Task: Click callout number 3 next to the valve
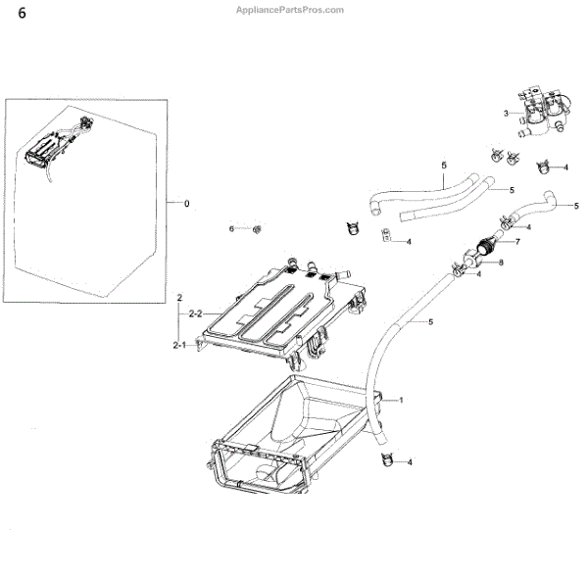click(507, 114)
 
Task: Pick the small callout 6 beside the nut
click(232, 228)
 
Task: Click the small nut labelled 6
click(256, 229)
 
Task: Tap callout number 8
click(500, 263)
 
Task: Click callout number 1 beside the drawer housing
click(400, 400)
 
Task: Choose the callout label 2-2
click(194, 313)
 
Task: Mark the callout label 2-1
click(179, 345)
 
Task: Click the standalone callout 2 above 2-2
click(179, 295)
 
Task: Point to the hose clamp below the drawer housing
click(384, 458)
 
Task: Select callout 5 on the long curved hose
click(429, 321)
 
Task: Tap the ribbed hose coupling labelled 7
click(482, 250)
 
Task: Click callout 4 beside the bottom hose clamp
click(409, 462)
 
